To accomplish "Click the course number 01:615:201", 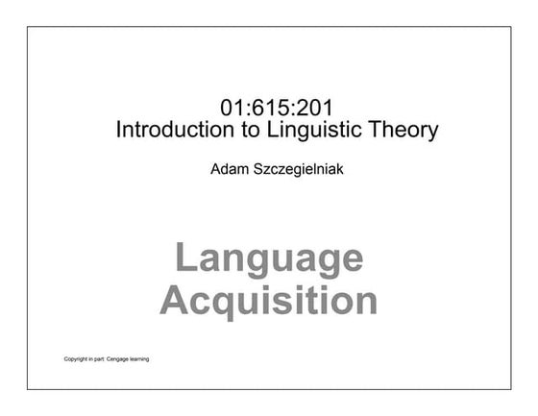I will (277, 107).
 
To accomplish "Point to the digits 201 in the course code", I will (315, 107).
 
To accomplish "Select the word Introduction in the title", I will (170, 130).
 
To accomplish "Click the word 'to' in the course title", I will (241, 130).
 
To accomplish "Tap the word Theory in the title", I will (404, 130).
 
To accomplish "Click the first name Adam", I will (231, 173).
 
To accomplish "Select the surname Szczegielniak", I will (300, 174).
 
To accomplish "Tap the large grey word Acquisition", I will (269, 301).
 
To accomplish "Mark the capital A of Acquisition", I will (174, 300).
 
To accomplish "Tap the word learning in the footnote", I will (139, 360).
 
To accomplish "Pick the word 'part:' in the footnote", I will (100, 360).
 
